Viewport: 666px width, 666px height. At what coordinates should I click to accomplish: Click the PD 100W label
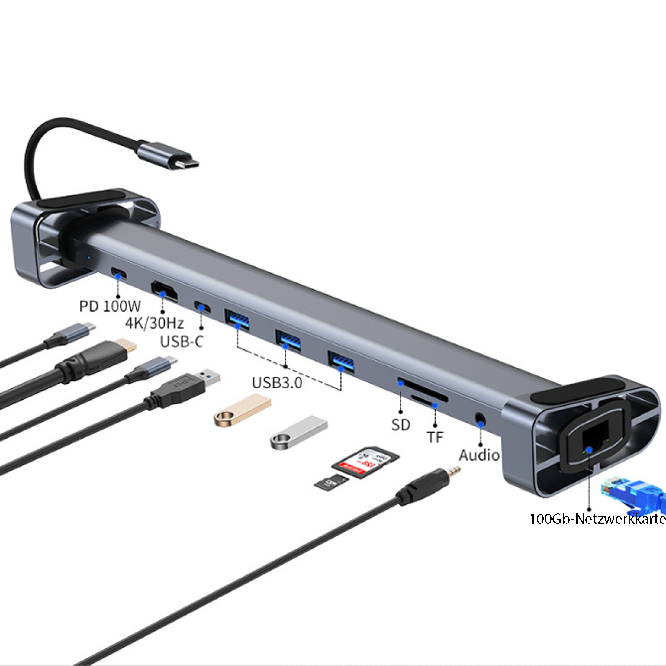[x=110, y=306]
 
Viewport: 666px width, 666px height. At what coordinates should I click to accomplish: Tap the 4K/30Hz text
[x=154, y=323]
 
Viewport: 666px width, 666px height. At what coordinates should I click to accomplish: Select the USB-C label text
[x=181, y=342]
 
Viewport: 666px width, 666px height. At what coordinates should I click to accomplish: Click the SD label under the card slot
[x=401, y=425]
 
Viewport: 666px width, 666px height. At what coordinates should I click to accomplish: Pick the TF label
[x=435, y=437]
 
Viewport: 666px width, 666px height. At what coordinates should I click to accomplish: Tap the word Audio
[x=479, y=455]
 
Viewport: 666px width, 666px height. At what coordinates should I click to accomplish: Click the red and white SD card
[x=365, y=463]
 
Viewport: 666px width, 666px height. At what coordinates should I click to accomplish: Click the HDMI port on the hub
[x=164, y=292]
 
